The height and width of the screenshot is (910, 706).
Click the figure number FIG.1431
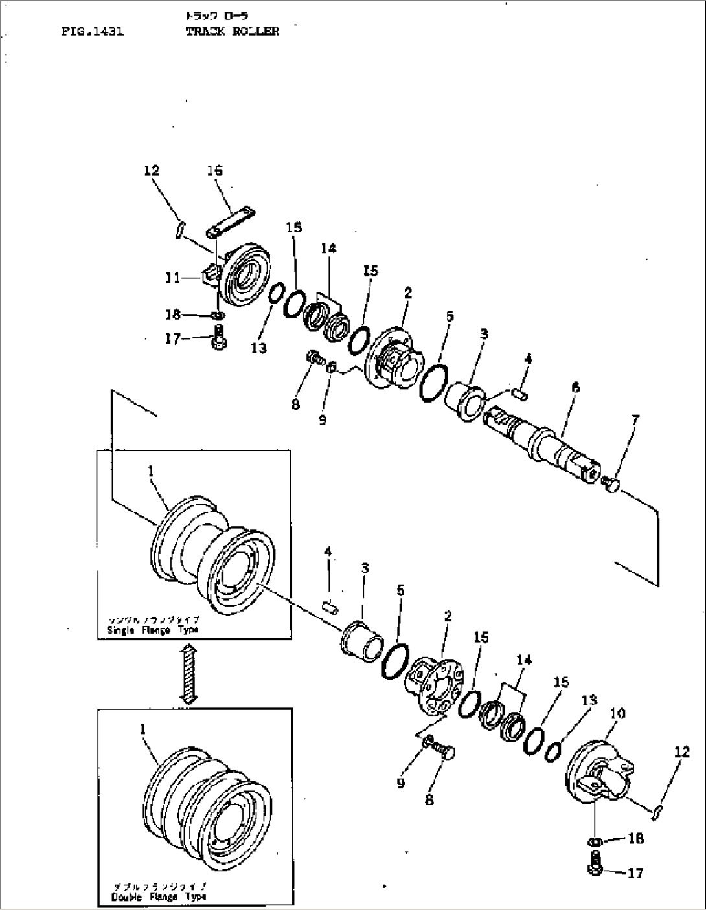tap(93, 31)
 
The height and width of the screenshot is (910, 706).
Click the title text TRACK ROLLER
tap(232, 31)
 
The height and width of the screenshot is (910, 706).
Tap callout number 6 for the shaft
tap(575, 388)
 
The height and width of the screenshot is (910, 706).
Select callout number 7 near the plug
tap(635, 421)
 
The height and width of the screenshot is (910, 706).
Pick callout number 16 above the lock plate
tap(214, 171)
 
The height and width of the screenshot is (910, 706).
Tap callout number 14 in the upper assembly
tap(328, 248)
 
